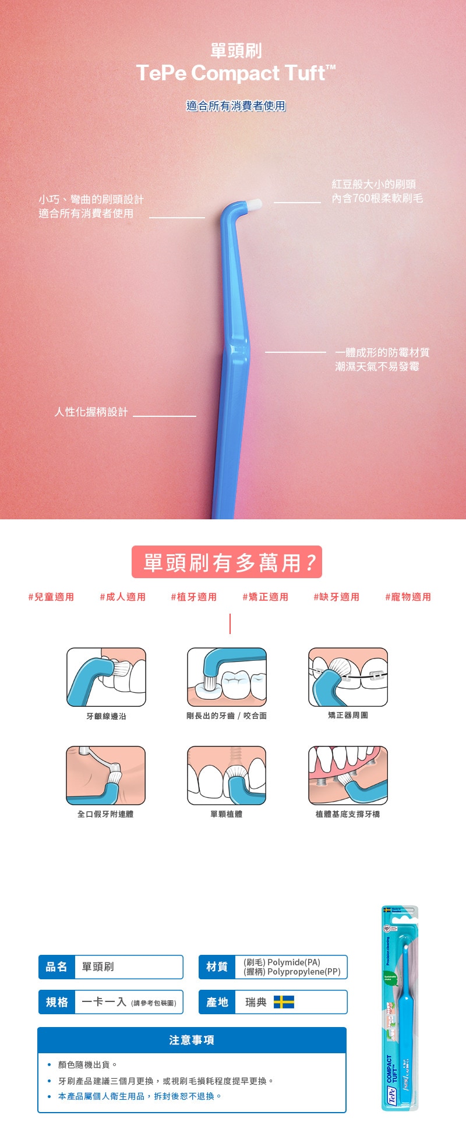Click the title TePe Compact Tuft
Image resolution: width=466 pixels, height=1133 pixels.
coord(235,73)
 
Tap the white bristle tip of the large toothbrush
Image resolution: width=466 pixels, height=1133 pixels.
coord(255,204)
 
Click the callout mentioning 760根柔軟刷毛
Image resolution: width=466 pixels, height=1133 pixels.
coord(377,199)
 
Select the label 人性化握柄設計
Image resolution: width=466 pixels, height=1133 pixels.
coord(91,412)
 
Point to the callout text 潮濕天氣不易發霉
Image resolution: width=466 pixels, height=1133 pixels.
coord(377,367)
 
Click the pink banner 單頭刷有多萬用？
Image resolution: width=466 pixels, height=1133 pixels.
coord(227,562)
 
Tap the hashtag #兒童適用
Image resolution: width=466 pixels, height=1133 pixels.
coord(51,597)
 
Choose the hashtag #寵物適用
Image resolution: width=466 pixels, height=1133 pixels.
coord(408,597)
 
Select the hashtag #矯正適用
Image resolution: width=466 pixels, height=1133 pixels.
coord(265,597)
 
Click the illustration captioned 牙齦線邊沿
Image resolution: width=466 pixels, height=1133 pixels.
coord(106,677)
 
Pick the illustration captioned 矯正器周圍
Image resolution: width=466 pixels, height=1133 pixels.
coord(348,677)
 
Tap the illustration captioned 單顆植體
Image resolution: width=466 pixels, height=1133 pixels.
coord(227,776)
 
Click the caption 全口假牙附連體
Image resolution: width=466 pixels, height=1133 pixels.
coord(105,814)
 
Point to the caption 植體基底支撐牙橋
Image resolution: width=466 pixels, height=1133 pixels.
coord(348,814)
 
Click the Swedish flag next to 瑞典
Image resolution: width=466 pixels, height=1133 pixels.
coord(284,1002)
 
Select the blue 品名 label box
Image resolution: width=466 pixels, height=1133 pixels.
coord(57,967)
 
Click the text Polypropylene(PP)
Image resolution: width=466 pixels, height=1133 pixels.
coord(303,972)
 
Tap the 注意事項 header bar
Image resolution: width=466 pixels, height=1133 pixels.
coord(192,1040)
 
